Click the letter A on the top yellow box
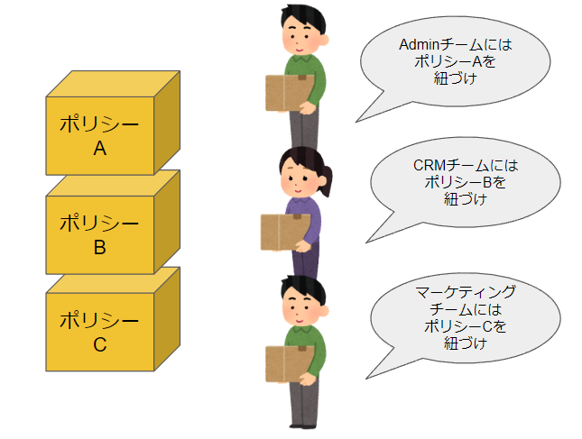point(100,149)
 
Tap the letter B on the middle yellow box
point(100,247)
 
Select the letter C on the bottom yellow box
point(100,344)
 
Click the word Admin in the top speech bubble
point(419,45)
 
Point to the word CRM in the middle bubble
point(430,165)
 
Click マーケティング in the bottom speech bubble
point(466,293)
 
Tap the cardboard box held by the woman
point(285,232)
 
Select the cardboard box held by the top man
point(290,93)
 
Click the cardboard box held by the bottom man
point(290,364)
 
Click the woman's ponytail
point(326,180)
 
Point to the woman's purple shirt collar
point(300,201)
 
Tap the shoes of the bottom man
point(304,426)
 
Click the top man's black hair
point(303,18)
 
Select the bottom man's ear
point(323,311)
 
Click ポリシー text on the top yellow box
point(99,123)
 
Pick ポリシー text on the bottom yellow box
point(99,320)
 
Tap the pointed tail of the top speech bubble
point(356,122)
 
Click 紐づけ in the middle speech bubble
point(466,199)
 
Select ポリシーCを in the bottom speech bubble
point(466,326)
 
